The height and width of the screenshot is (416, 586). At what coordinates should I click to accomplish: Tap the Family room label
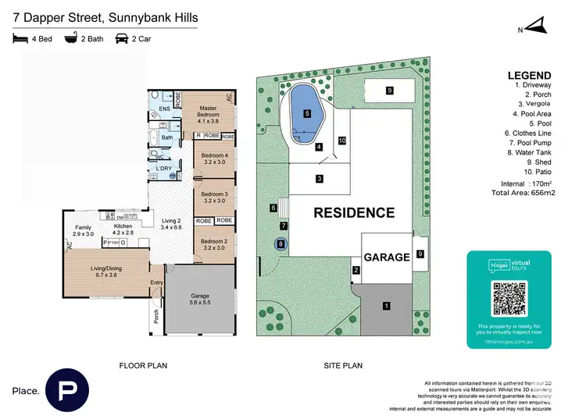click(83, 230)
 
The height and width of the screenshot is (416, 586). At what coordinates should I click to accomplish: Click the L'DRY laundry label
click(164, 169)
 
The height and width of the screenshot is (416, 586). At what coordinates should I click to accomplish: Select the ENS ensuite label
click(164, 109)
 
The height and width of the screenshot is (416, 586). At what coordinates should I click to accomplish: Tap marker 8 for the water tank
click(281, 244)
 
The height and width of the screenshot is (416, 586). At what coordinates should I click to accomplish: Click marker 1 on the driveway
click(385, 306)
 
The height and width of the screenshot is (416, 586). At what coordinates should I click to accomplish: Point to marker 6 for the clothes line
click(273, 208)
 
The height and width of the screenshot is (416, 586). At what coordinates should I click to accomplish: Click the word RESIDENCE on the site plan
click(354, 212)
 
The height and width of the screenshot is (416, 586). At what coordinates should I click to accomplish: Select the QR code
click(509, 298)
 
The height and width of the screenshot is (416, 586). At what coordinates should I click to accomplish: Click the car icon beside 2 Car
click(122, 38)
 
